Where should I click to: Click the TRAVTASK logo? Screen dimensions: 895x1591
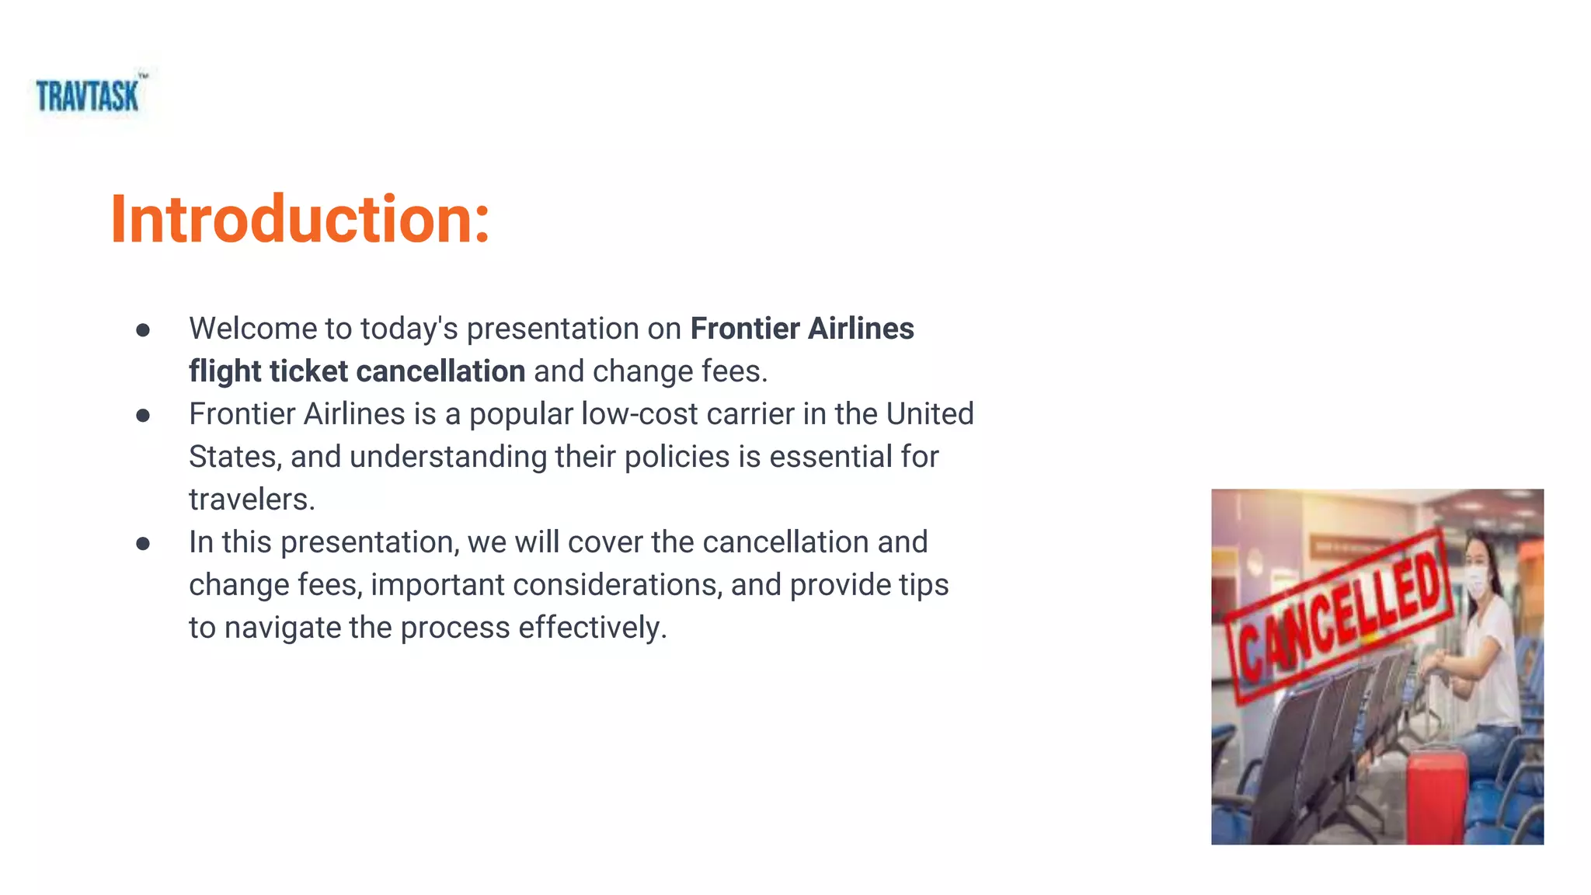(x=88, y=96)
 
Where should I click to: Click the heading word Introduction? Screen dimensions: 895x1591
(x=300, y=220)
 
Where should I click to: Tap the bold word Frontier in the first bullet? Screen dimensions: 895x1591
(x=745, y=329)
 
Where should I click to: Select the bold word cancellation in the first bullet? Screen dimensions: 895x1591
(x=440, y=371)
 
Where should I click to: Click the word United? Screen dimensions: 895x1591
(x=929, y=414)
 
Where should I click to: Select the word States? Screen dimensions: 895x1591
(x=234, y=457)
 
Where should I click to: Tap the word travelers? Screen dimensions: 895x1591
(x=252, y=500)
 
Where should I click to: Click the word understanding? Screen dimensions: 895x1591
(x=448, y=457)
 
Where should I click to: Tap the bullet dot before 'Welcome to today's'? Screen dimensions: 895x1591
(x=143, y=330)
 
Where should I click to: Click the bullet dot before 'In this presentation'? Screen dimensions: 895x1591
(x=143, y=544)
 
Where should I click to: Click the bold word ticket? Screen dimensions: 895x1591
(x=308, y=371)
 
